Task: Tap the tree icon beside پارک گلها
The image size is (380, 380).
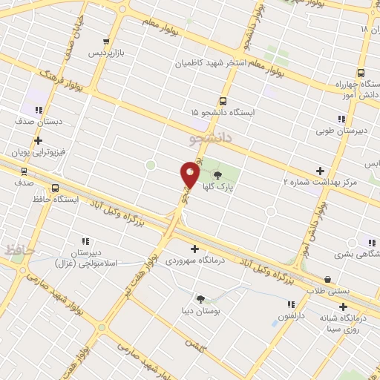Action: (217, 176)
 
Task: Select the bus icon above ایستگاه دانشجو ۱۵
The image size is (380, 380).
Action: (223, 101)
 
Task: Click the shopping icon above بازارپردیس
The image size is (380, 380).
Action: (107, 42)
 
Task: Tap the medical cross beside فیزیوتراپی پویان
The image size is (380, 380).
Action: (38, 140)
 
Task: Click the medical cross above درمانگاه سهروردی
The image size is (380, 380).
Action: (194, 249)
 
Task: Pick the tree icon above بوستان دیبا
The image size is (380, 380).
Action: (200, 298)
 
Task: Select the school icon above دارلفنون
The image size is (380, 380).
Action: (291, 304)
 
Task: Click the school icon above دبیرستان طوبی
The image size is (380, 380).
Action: (341, 119)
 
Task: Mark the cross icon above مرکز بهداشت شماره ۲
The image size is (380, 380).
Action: (320, 170)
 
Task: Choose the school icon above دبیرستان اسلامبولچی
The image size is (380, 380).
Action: (85, 240)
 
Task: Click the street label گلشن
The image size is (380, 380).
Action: (194, 346)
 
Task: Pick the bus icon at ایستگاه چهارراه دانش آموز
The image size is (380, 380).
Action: (361, 73)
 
